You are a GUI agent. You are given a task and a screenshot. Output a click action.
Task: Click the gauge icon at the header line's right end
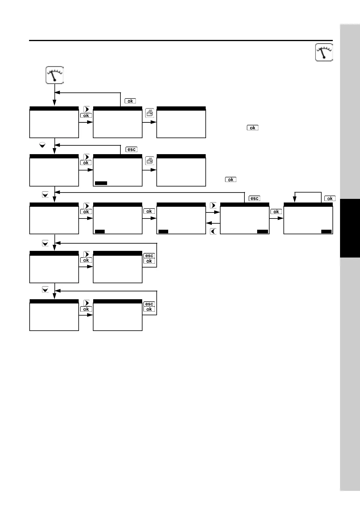tap(324, 52)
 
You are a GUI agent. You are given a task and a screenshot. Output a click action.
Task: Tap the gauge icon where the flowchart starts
tap(55, 75)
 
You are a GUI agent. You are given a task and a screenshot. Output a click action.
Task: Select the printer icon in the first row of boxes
tap(149, 113)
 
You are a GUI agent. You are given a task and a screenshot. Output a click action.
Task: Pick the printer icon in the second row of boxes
tap(149, 160)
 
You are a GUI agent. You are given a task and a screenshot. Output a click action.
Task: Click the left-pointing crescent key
tap(213, 232)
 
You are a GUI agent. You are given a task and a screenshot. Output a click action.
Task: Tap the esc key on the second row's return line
tap(131, 149)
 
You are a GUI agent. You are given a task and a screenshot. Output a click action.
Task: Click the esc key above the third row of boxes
tap(254, 198)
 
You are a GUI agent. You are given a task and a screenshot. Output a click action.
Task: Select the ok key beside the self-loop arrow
tap(330, 199)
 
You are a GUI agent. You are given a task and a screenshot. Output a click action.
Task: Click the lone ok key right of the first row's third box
tap(253, 128)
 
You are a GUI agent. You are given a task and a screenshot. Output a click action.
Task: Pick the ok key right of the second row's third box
tap(231, 180)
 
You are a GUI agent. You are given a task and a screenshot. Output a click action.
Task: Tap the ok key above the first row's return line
tap(130, 101)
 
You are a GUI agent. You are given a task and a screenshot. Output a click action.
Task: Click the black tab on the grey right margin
tap(350, 228)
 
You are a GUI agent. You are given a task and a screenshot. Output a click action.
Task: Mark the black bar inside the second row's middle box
tap(101, 183)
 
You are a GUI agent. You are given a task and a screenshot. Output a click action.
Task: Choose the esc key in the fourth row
tap(149, 256)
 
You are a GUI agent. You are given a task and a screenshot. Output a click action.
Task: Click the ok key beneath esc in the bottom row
tap(149, 309)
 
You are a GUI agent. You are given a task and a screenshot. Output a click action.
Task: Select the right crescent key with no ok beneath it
tap(213, 206)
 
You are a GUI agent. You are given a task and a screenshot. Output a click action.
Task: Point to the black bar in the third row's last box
tap(326, 232)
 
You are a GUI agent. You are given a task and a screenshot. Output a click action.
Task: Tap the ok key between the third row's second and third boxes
tap(149, 211)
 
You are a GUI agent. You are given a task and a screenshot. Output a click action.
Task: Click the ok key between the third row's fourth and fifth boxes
tap(276, 212)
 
